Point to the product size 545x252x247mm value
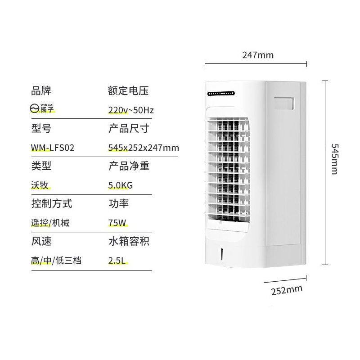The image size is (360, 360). tap(144, 147)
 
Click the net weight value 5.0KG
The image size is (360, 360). tap(120, 185)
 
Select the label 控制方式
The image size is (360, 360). tap(52, 203)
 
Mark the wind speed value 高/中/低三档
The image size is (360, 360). tap(56, 260)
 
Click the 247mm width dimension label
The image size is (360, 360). tap(258, 55)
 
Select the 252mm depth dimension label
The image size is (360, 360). tap(286, 289)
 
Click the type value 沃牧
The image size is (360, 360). tap(40, 185)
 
